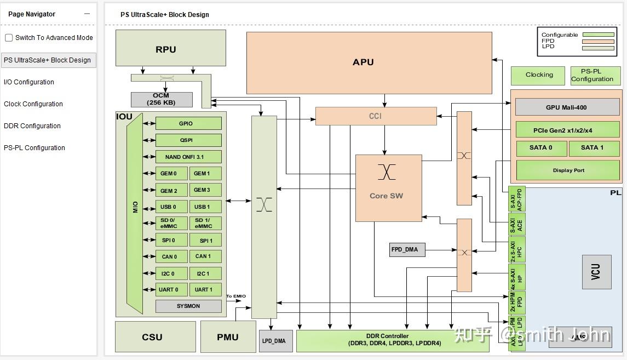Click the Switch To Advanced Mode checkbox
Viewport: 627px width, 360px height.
click(x=9, y=38)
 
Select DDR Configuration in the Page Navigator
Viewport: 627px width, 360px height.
click(x=32, y=126)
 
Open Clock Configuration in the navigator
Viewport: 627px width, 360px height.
click(x=33, y=104)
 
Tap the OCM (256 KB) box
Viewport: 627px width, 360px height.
click(x=162, y=99)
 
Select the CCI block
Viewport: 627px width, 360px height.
click(x=376, y=116)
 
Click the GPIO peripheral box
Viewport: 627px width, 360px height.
click(x=188, y=123)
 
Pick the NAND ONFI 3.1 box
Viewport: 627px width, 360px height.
click(x=188, y=157)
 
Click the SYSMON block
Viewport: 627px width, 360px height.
click(x=188, y=306)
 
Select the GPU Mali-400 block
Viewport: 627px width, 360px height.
click(x=567, y=107)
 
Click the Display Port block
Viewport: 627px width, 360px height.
click(x=568, y=170)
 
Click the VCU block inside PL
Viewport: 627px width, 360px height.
click(x=596, y=272)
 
